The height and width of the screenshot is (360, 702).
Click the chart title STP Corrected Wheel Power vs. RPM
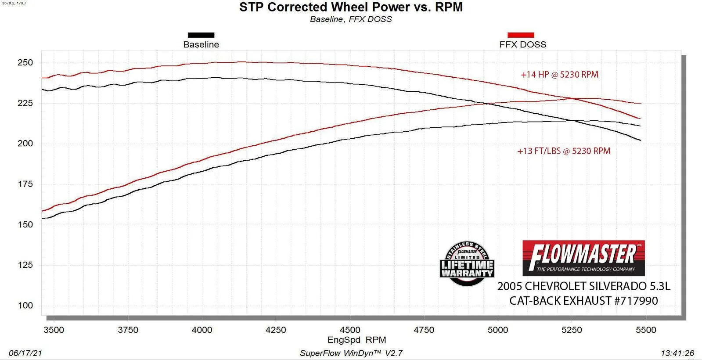(351, 7)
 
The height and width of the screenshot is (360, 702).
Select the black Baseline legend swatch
(201, 35)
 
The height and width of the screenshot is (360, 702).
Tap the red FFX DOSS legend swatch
(521, 35)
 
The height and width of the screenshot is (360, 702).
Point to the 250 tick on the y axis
(25, 63)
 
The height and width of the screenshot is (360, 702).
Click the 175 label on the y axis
(25, 184)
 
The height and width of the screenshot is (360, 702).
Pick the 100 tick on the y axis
(25, 306)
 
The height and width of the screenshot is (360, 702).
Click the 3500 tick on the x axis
(54, 330)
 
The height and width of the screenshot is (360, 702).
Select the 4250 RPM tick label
(276, 330)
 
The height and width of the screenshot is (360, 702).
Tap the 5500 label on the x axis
(646, 330)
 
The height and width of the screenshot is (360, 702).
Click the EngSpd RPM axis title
(356, 340)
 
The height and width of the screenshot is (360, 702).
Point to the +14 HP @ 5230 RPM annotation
(559, 75)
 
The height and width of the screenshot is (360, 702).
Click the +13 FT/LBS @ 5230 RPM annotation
(564, 151)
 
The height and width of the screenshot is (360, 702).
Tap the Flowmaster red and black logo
(583, 258)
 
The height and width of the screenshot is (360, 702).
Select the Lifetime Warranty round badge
(467, 264)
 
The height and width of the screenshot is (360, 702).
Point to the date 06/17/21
(25, 353)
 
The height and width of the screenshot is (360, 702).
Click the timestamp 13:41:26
(677, 353)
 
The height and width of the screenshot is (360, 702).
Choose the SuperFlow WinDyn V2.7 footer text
(351, 353)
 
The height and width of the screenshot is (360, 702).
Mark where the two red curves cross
(571, 98)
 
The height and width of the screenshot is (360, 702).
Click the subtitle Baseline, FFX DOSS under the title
(351, 19)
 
